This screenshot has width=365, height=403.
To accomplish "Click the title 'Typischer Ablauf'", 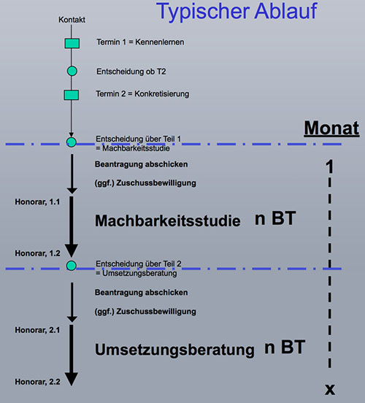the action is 237,12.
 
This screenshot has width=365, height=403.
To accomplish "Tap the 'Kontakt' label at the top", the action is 72,20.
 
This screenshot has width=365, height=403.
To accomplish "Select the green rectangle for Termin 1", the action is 72,43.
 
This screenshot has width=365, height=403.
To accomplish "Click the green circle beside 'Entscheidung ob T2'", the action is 72,71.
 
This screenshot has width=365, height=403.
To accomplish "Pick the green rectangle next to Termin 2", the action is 72,95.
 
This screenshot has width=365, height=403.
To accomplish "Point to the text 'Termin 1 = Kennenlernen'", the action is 140,42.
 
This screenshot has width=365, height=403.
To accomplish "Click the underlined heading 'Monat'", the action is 331,128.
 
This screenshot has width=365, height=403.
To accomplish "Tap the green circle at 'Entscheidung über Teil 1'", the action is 72,142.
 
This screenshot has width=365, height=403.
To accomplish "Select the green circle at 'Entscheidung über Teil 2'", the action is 72,266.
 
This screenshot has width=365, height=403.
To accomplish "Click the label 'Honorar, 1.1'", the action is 37,202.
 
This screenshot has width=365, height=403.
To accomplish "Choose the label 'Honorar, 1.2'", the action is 37,253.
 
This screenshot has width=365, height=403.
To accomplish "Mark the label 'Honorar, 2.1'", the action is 37,330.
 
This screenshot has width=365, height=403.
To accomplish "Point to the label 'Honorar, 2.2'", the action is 37,382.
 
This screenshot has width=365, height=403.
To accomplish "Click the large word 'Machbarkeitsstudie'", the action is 168,220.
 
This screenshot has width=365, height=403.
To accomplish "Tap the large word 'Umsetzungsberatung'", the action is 174,350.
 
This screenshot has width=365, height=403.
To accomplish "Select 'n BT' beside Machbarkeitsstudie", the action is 275,218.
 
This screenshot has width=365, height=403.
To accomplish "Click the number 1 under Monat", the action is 329,166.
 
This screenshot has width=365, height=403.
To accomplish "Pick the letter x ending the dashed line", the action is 330,389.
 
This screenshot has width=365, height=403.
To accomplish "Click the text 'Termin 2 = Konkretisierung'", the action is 142,93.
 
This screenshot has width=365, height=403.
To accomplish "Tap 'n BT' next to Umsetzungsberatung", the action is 285,348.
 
